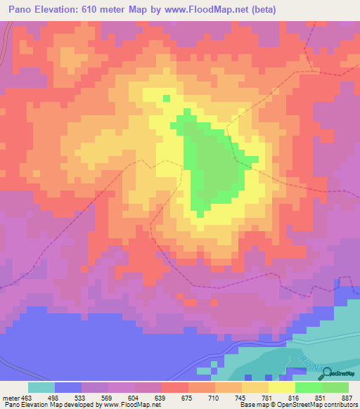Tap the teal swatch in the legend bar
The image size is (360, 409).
[x=41, y=387]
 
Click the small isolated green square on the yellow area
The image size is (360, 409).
[x=167, y=98]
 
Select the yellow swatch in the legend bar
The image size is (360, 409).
[x=282, y=387]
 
